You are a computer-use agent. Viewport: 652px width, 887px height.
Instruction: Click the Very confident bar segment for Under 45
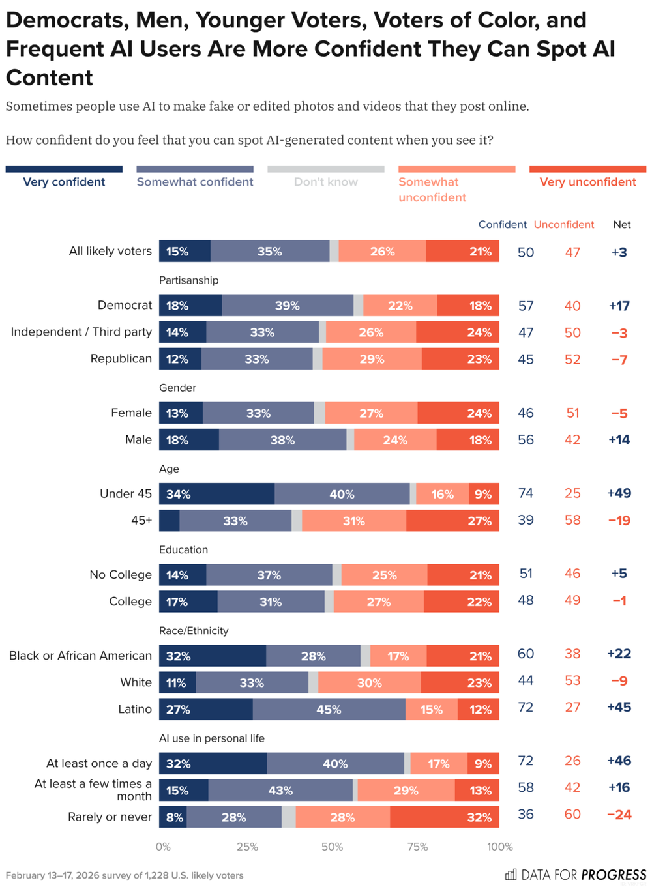tap(216, 494)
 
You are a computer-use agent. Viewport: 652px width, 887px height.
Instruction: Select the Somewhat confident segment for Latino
tap(329, 709)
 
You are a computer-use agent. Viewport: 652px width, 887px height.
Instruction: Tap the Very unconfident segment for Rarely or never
tap(445, 817)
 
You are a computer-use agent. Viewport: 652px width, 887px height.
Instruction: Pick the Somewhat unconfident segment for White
tap(369, 682)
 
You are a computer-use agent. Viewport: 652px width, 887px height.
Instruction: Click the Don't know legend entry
tap(325, 182)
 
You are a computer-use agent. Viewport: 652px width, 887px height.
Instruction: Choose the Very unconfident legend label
tap(587, 182)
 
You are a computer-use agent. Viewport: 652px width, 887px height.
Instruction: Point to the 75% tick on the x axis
tap(417, 847)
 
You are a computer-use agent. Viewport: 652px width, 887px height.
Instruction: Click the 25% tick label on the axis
tap(247, 847)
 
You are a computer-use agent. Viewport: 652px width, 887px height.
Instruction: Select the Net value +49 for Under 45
tap(619, 493)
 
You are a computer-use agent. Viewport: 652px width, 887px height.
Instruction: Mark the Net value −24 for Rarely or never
tap(619, 815)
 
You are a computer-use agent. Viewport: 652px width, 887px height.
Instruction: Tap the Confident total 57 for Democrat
tap(526, 306)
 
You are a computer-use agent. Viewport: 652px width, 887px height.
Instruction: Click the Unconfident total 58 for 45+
tap(572, 520)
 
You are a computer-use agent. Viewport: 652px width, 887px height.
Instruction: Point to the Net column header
tap(621, 224)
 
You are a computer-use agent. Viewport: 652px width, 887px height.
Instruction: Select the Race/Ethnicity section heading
tap(194, 630)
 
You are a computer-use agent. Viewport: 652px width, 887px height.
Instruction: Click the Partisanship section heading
tap(188, 280)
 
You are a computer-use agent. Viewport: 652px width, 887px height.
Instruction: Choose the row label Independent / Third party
tap(81, 332)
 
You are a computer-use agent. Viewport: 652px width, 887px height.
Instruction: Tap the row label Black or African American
tap(80, 656)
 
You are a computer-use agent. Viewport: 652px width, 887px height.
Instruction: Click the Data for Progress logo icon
tap(511, 874)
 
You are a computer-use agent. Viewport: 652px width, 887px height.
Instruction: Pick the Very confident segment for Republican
tap(180, 359)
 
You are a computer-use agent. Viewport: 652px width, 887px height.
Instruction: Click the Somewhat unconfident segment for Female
tap(371, 413)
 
